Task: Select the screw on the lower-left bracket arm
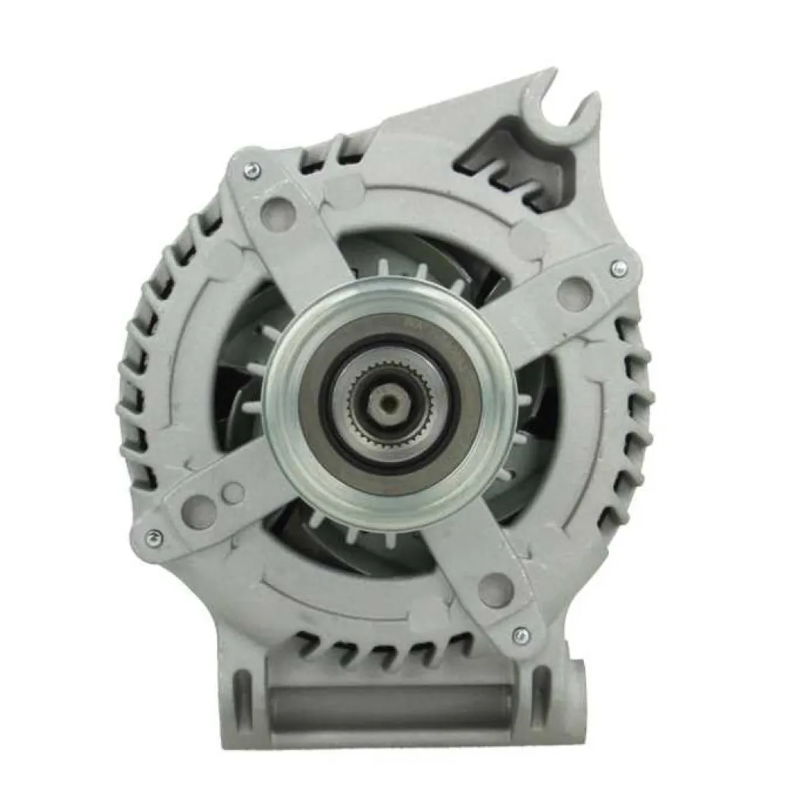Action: [x=154, y=535]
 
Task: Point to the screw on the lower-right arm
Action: [x=522, y=635]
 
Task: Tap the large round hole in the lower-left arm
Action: [x=199, y=510]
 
